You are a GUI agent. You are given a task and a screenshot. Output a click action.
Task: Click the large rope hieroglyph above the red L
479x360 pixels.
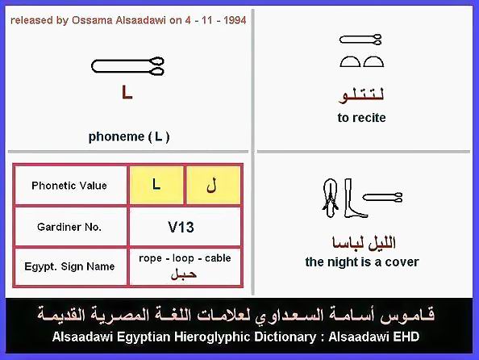point(127,66)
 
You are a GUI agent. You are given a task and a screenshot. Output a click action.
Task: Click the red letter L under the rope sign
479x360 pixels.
point(127,92)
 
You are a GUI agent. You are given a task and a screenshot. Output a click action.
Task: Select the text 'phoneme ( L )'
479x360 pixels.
point(128,136)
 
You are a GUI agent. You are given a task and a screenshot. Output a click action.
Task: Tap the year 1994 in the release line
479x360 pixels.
point(235,20)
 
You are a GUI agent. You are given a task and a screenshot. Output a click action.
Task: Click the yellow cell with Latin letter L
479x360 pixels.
point(156,185)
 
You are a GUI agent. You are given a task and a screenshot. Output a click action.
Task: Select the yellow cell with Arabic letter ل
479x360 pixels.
point(213,185)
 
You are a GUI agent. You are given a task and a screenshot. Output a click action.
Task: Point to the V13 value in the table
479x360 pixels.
point(181,228)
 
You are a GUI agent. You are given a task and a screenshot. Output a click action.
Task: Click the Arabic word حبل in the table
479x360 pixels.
point(184,274)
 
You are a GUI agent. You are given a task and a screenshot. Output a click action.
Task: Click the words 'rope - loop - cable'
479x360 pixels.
point(185,258)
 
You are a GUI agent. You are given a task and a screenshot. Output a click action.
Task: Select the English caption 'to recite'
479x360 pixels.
point(362,118)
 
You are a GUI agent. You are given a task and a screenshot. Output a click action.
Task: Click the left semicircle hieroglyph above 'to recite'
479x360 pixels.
point(350,61)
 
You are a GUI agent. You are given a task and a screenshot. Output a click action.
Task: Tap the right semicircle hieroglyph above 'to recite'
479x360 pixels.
point(373,61)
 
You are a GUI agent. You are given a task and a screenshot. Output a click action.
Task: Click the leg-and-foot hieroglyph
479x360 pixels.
point(355,199)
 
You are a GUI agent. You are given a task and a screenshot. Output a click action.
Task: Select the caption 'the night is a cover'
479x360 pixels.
point(362,262)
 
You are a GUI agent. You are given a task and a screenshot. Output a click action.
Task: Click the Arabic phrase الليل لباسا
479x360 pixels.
point(364,243)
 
